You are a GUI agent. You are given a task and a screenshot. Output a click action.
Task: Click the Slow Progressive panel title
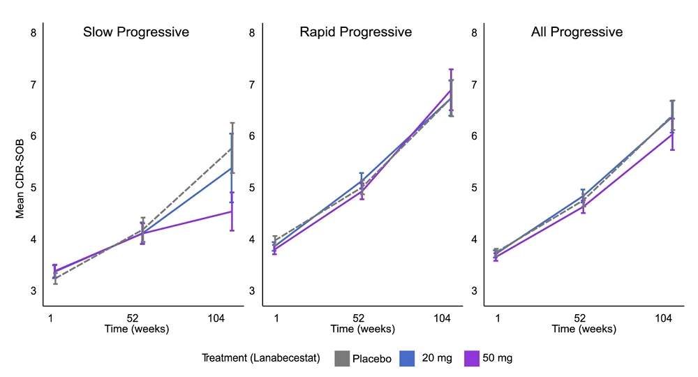click(136, 32)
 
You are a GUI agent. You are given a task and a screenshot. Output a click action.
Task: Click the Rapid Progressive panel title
click(356, 32)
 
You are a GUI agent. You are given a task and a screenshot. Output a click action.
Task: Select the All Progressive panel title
click(577, 32)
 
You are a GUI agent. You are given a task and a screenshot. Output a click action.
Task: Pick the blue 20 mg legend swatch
click(408, 358)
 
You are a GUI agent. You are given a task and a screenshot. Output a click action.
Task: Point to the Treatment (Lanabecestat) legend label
click(261, 358)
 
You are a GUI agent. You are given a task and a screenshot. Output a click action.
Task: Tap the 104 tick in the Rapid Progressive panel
click(442, 318)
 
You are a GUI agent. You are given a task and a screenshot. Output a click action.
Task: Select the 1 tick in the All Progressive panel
click(498, 318)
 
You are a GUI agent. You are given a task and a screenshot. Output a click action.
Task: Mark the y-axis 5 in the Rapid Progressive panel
click(252, 188)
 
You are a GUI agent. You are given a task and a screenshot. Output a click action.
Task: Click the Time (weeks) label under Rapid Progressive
click(359, 329)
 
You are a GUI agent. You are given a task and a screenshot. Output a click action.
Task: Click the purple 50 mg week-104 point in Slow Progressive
click(232, 211)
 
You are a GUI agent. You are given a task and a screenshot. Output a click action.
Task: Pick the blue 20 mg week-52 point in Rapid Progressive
click(362, 182)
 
